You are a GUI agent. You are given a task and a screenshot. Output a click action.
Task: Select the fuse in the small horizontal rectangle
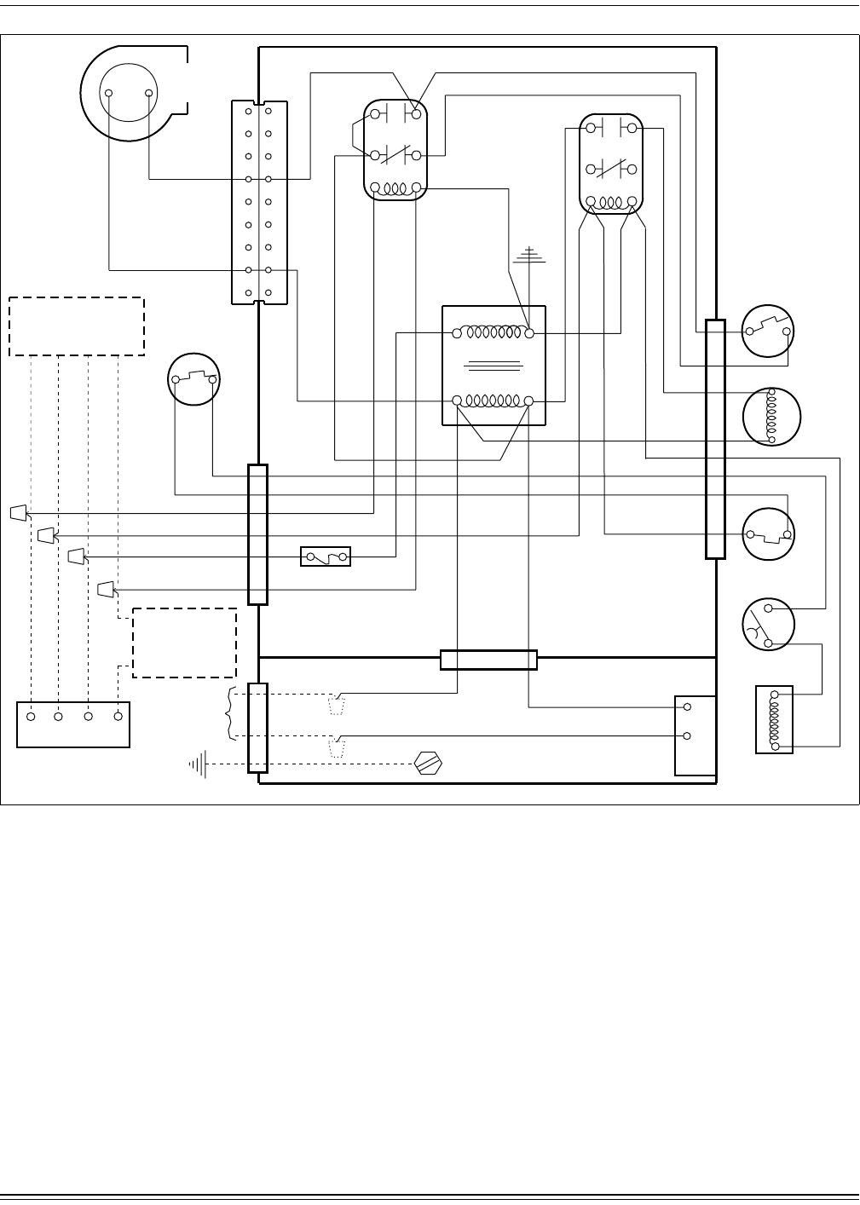326,557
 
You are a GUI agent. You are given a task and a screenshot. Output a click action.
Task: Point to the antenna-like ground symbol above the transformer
530,256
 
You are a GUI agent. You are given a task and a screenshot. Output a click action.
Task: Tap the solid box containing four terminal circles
73,724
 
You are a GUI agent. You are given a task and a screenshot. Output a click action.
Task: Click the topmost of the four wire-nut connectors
17,513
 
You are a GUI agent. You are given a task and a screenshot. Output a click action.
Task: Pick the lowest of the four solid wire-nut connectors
106,588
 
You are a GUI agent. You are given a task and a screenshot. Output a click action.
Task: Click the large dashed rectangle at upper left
77,326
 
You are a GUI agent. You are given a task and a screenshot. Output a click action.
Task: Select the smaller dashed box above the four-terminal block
184,643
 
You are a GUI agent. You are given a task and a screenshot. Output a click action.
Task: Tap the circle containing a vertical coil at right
772,417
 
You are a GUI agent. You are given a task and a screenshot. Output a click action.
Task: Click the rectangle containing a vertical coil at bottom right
774,719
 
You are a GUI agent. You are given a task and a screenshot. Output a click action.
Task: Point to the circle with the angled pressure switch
768,624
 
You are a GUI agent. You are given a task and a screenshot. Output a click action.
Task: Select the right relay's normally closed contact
611,168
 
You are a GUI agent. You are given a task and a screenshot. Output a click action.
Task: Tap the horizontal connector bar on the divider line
488,660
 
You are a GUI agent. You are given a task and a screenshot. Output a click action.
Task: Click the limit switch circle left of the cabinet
194,379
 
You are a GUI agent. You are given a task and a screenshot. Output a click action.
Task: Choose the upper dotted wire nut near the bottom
338,706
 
